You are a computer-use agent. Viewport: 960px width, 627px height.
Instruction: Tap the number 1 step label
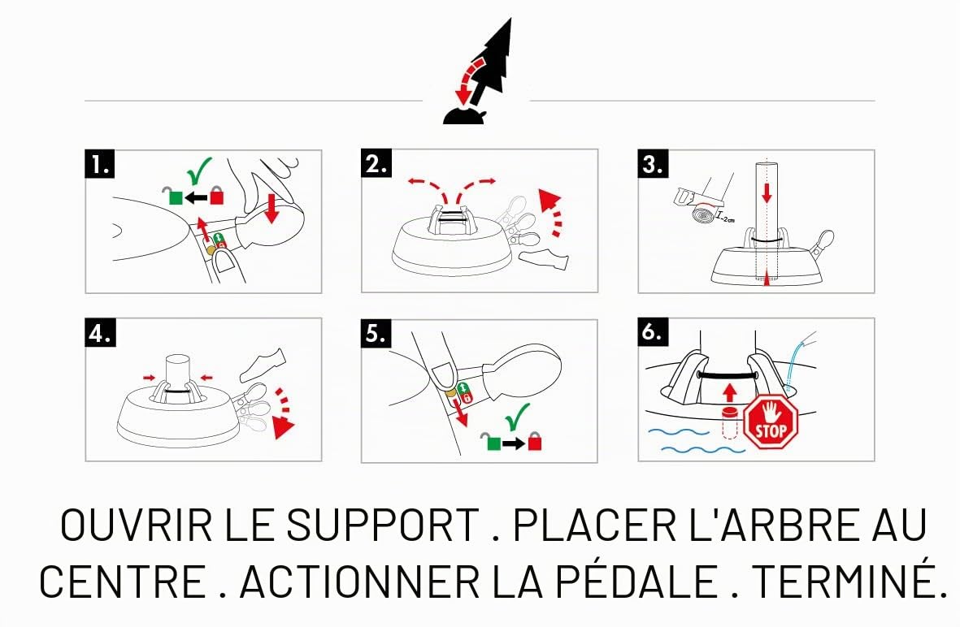[x=100, y=165]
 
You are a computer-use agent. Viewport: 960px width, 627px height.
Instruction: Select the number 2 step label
[x=376, y=164]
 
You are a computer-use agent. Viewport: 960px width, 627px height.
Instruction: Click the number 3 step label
[x=653, y=165]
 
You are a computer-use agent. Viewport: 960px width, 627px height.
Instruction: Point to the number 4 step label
[x=100, y=333]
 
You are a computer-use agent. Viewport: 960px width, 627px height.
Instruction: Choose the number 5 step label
[x=376, y=333]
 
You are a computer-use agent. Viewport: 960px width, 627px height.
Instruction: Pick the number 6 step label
[x=653, y=332]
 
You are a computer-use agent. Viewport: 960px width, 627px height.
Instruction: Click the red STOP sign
[x=771, y=422]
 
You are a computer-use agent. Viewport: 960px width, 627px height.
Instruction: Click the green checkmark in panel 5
[x=516, y=417]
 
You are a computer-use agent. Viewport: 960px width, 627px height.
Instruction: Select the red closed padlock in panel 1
[x=217, y=195]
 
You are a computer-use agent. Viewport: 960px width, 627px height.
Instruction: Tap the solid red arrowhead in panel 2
[x=550, y=200]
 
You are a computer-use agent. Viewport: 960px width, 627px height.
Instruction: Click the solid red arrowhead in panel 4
[x=283, y=427]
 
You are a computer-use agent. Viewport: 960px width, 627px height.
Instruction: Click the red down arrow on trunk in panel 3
[x=767, y=192]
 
